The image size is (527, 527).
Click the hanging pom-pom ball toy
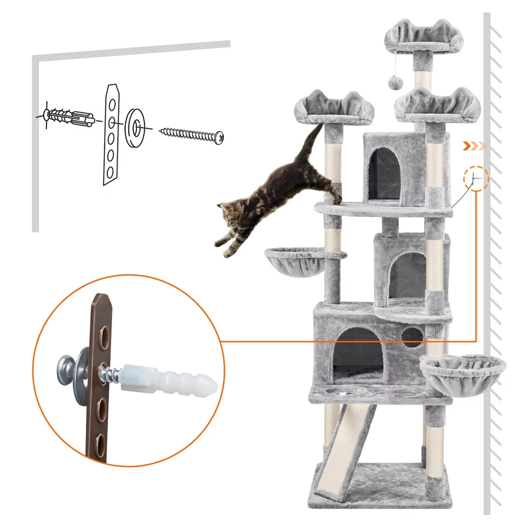click(394, 81)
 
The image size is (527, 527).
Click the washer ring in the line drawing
click(135, 126)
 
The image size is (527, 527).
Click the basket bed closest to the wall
click(463, 372)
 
